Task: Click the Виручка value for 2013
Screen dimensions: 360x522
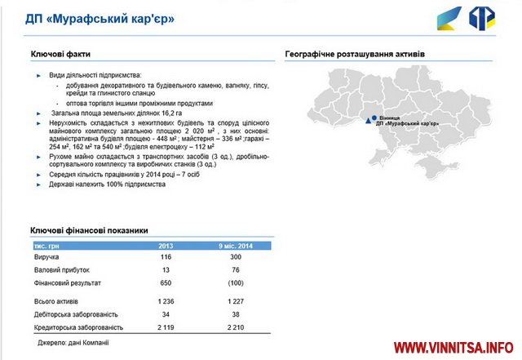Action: click(x=165, y=256)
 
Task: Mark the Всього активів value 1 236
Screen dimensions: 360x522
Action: click(x=165, y=301)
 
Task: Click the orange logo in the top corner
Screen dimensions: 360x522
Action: click(x=484, y=17)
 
